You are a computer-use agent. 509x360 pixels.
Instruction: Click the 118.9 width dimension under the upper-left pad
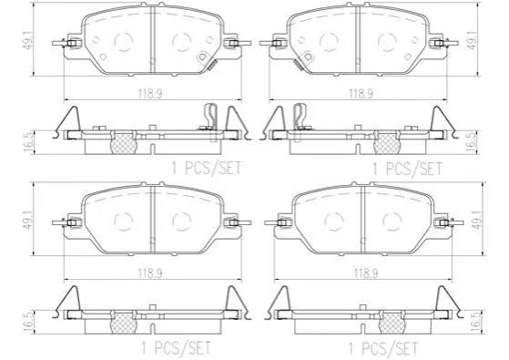150,94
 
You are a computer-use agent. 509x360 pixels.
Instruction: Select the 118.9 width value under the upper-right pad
361,94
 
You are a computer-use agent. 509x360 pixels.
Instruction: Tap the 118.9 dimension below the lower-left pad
150,273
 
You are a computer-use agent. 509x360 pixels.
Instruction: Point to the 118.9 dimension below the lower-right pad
366,273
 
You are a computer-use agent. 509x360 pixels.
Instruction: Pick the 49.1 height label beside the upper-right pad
473,40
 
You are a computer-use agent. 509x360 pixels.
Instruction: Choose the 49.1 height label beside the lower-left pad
28,221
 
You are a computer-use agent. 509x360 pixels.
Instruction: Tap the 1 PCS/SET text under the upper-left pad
206,169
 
